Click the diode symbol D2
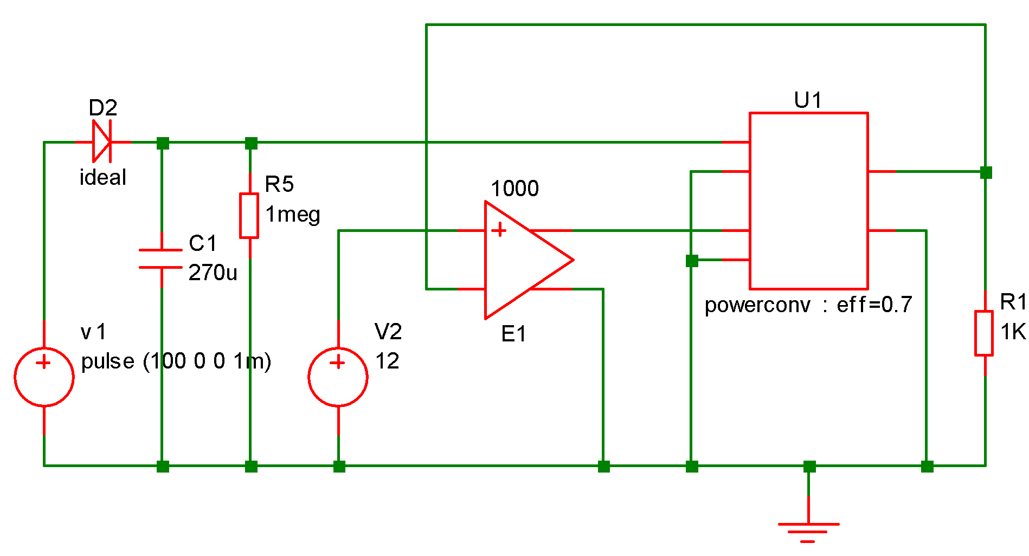[x=102, y=142]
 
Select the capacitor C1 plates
[x=161, y=259]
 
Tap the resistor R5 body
[x=249, y=216]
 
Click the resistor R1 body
[x=984, y=333]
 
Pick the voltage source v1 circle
[x=44, y=377]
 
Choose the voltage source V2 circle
[x=338, y=377]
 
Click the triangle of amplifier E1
[x=520, y=260]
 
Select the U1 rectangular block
[x=808, y=201]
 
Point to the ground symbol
[x=808, y=528]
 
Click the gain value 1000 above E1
[x=514, y=189]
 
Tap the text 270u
[x=213, y=273]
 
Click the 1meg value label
[x=293, y=215]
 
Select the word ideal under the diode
[x=103, y=177]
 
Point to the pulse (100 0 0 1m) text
[x=176, y=361]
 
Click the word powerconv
[x=757, y=305]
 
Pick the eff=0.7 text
[x=874, y=305]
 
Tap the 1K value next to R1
[x=1013, y=332]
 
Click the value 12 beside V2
[x=388, y=361]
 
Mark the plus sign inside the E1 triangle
[x=499, y=230]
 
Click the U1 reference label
[x=808, y=100]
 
